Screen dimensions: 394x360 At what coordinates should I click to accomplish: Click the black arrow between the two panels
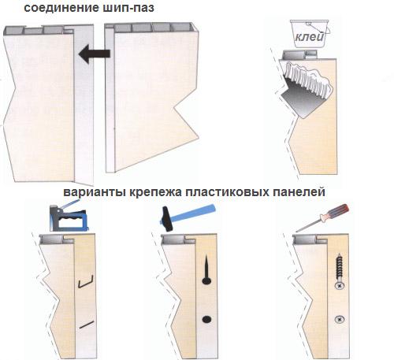point(94,54)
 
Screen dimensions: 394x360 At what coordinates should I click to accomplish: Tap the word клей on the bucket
point(310,37)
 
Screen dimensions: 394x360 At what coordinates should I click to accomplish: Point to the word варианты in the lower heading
point(95,192)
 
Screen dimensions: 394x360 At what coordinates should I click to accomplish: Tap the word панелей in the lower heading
point(299,192)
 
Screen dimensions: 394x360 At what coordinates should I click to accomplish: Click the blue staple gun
point(69,217)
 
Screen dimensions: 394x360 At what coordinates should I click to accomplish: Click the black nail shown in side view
point(206,269)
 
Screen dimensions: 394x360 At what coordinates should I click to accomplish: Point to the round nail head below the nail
point(206,319)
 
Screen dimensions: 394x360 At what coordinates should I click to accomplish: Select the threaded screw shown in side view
point(340,271)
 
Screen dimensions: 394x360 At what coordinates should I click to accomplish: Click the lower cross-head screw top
point(340,320)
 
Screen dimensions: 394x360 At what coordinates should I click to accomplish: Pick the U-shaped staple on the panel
point(86,281)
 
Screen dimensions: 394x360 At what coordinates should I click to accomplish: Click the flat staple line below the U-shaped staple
point(87,325)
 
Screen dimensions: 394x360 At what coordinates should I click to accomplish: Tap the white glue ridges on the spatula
point(307,77)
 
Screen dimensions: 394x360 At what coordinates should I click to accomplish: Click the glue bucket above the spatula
point(310,33)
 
